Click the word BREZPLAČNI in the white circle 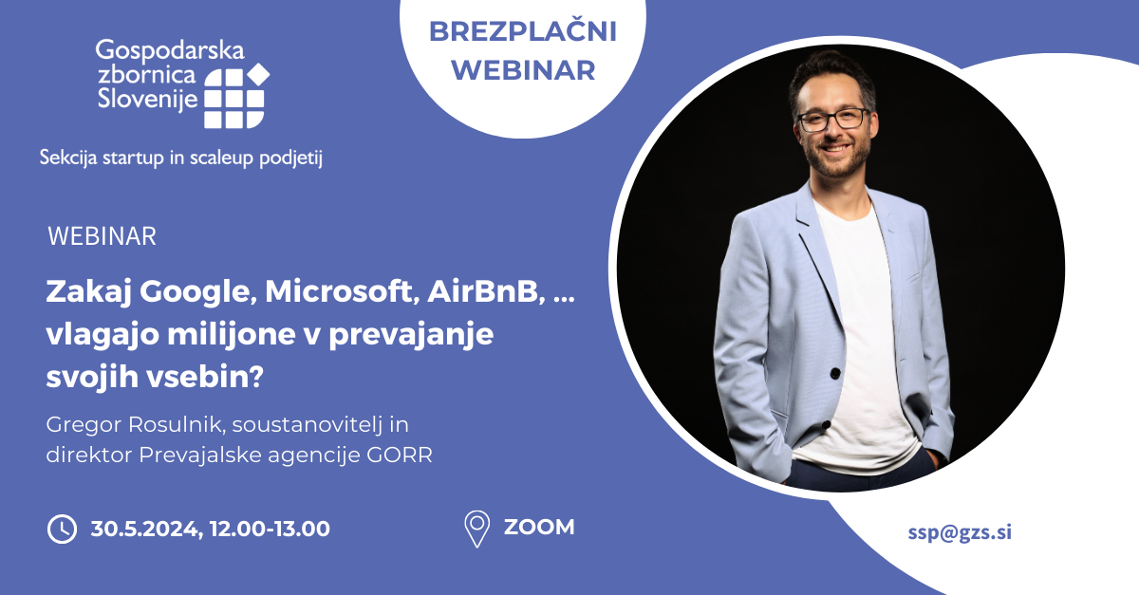click(x=523, y=31)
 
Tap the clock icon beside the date click(x=62, y=529)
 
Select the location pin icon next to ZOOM click(x=476, y=529)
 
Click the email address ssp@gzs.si click(x=960, y=532)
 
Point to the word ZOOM click(x=539, y=528)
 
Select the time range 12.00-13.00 click(x=270, y=529)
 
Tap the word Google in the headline click(x=198, y=292)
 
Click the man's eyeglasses click(x=834, y=120)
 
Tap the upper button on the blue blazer click(x=835, y=373)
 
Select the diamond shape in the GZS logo click(x=258, y=74)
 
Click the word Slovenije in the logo click(x=147, y=98)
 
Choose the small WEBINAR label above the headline click(x=103, y=236)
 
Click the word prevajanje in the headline click(x=411, y=335)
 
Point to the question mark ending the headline click(x=257, y=376)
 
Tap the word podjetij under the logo click(x=290, y=158)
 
